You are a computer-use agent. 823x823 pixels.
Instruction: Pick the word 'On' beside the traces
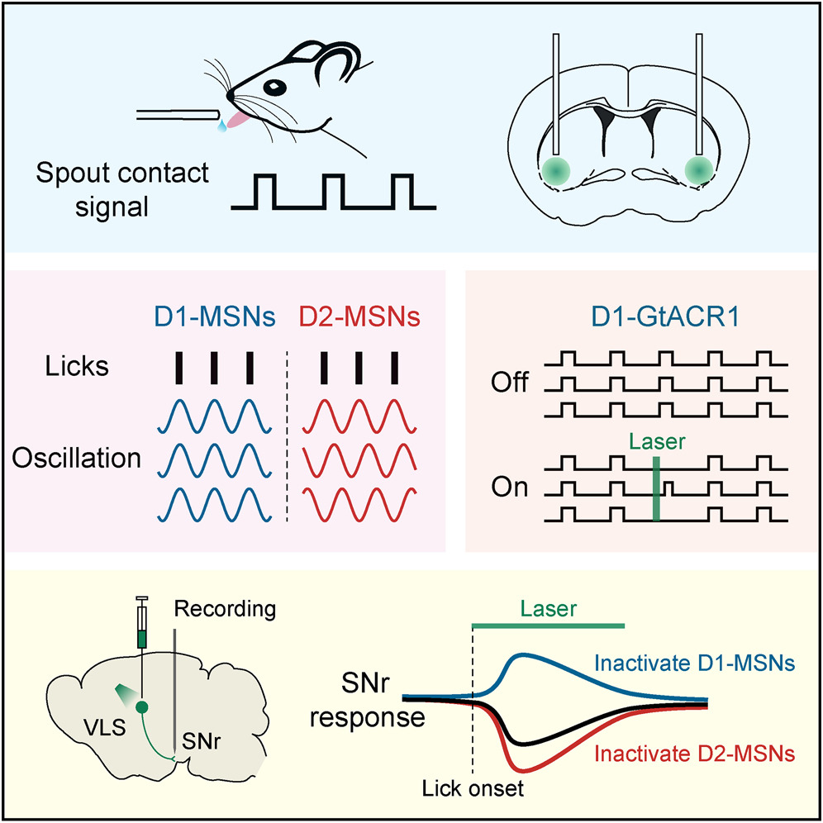pyautogui.click(x=509, y=488)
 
